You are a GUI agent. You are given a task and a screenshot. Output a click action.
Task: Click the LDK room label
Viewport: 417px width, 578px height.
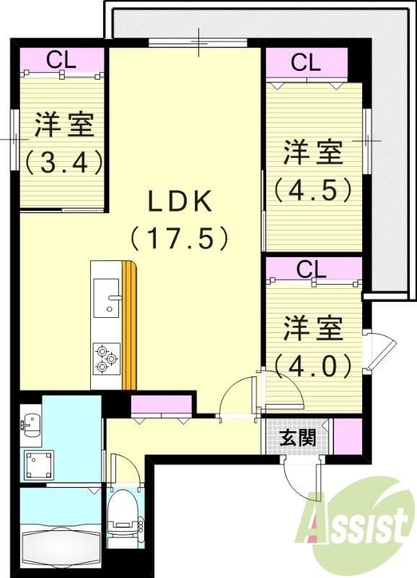180,202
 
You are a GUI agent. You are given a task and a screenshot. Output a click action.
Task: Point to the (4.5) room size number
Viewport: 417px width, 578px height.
312,189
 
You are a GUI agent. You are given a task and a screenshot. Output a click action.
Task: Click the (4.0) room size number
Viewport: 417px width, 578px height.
312,365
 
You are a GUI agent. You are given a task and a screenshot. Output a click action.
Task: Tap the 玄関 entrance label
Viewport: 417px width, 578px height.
298,439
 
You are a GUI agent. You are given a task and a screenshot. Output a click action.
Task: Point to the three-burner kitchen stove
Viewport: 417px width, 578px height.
106,358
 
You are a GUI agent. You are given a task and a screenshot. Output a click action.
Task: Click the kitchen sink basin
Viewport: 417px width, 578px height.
106,298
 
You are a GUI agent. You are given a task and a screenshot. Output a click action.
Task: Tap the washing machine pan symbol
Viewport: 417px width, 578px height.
40,465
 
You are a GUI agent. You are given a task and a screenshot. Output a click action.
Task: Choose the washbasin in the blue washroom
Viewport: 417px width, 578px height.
30,423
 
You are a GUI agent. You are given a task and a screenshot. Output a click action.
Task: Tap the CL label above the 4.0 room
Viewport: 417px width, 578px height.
312,269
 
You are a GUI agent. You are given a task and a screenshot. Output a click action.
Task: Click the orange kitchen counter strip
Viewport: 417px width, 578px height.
129,325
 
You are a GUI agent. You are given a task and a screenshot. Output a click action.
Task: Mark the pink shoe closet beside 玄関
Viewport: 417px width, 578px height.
348,436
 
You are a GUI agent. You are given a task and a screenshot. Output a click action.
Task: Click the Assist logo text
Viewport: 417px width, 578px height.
354,523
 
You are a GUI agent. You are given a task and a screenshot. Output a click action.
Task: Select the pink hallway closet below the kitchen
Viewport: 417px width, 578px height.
161,404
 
